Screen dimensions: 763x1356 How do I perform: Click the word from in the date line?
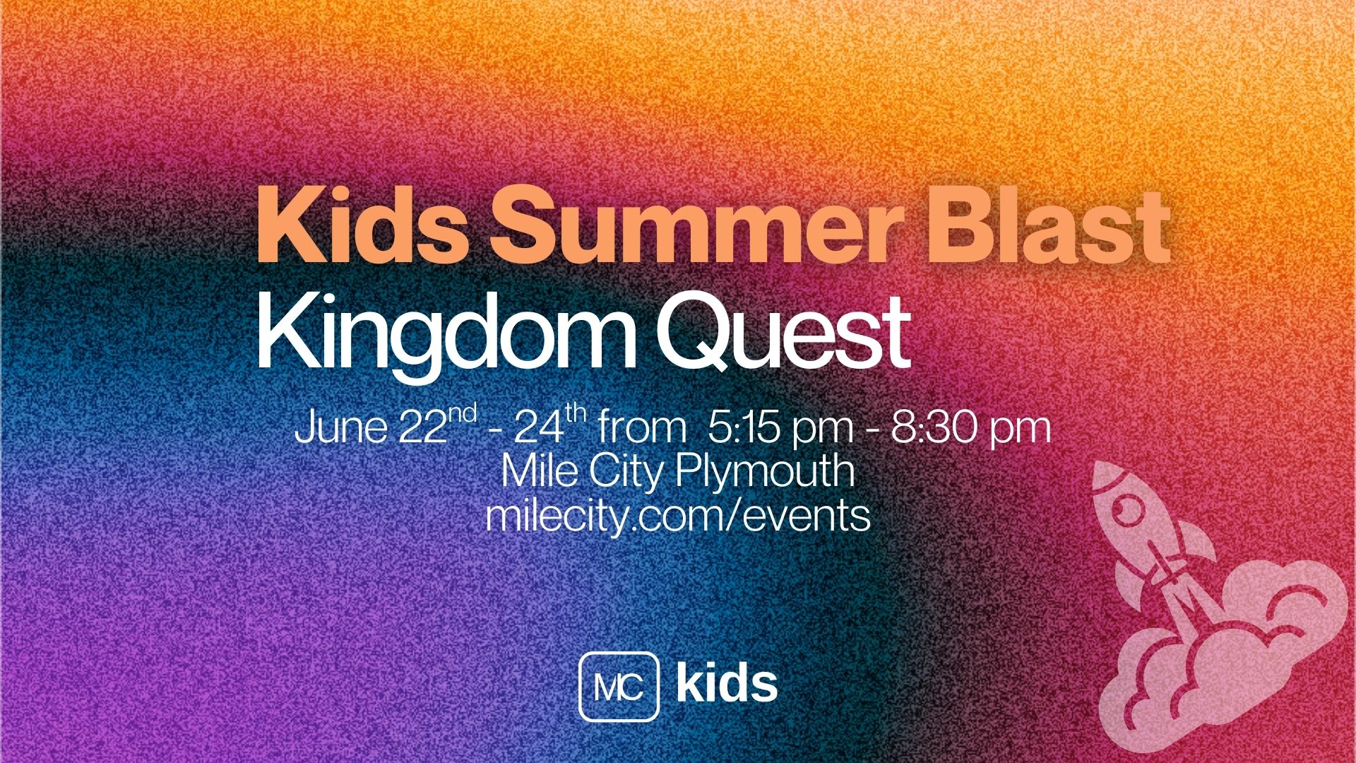tap(643, 429)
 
